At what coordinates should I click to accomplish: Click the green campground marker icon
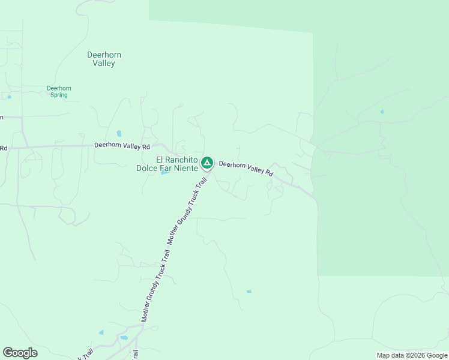point(206,162)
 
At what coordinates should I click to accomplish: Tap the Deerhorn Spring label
point(59,91)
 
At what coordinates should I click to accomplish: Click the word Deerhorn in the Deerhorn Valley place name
point(104,55)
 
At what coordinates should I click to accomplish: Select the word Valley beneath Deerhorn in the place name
point(104,64)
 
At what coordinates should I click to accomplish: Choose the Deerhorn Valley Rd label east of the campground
point(246,168)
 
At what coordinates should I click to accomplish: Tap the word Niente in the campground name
point(185,168)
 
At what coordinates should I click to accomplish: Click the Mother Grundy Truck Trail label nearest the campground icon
point(188,211)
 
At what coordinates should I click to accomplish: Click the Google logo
point(20,353)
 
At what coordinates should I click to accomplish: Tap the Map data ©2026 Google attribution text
point(412,355)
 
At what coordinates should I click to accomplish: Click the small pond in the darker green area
point(382,112)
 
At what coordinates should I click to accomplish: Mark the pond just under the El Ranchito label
point(164,173)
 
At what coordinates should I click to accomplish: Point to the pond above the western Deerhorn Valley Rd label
point(118,133)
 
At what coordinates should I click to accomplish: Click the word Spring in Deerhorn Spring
point(59,95)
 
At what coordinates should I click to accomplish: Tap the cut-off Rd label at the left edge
point(3,148)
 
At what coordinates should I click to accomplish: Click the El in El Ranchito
point(160,160)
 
